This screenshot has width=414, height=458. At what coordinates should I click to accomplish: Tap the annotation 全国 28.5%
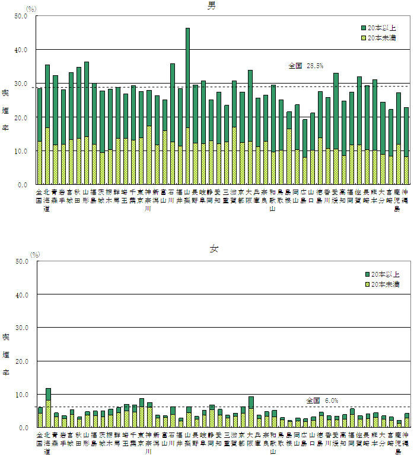tap(305, 66)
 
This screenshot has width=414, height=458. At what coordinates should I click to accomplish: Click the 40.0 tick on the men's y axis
tap(20, 50)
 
